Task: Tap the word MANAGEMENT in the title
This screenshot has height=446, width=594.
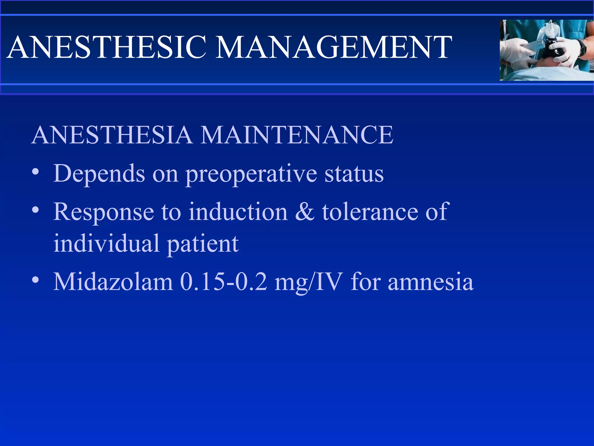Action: pos(334,47)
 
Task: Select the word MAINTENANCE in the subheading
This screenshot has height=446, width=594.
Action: pos(297,135)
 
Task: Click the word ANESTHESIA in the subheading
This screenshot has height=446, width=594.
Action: pos(112,135)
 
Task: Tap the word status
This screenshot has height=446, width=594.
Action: pos(354,174)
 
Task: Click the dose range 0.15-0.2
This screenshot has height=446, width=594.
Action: pos(223,282)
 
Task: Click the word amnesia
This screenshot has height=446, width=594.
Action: pos(431,282)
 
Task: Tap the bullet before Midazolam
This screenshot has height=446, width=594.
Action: pos(35,280)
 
